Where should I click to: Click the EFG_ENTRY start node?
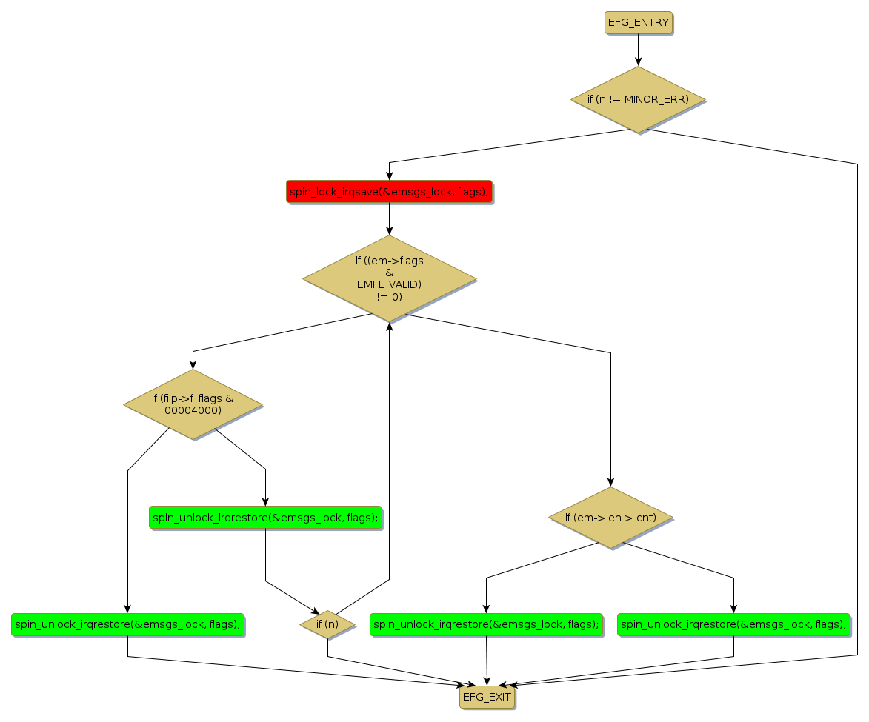[x=638, y=22]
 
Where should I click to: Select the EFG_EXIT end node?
[x=486, y=697]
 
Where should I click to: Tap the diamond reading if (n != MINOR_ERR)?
[x=637, y=99]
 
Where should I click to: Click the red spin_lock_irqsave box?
[x=389, y=192]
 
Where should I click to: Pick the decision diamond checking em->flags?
[x=389, y=278]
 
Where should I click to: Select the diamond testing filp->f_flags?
[x=193, y=404]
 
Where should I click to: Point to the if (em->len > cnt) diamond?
[x=610, y=517]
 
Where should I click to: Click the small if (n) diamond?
[x=327, y=624]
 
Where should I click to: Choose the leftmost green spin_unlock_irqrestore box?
[x=127, y=624]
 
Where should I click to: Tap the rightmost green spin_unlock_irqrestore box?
[x=733, y=624]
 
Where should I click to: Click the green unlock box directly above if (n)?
[x=265, y=517]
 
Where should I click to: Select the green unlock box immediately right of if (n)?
[x=486, y=624]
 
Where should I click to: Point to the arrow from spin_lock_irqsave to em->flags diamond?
[x=389, y=218]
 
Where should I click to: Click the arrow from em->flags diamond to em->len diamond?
[x=610, y=415]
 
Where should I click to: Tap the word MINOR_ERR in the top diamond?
[x=656, y=99]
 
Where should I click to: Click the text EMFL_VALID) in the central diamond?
[x=389, y=284]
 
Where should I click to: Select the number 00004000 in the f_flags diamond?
[x=193, y=410]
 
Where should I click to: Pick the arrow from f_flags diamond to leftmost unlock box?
[x=127, y=533]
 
